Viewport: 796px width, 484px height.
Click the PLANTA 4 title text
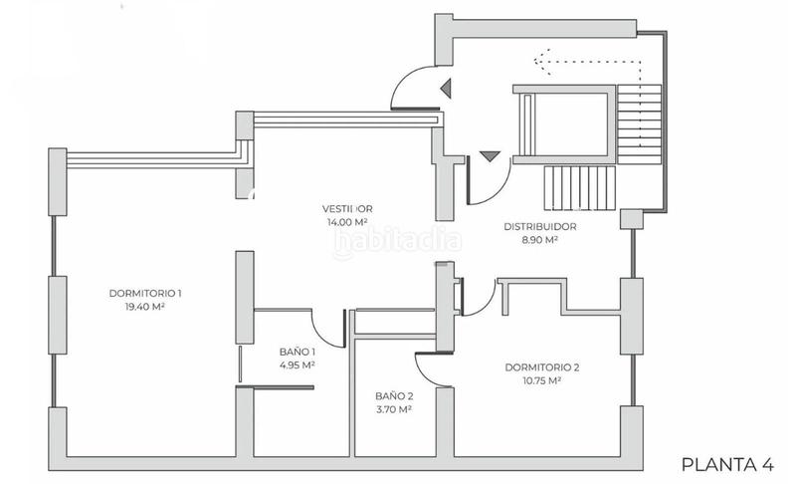point(727,463)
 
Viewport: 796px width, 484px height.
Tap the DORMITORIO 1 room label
point(144,293)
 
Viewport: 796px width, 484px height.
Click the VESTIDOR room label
point(346,209)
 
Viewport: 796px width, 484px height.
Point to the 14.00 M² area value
point(347,222)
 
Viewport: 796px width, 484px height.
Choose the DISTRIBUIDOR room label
point(539,226)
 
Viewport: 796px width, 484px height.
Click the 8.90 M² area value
point(539,240)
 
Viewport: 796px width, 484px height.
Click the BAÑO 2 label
point(394,395)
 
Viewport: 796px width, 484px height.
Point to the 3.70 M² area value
point(394,409)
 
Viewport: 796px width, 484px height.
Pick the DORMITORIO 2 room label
point(541,366)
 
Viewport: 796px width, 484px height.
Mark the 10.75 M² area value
point(541,380)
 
